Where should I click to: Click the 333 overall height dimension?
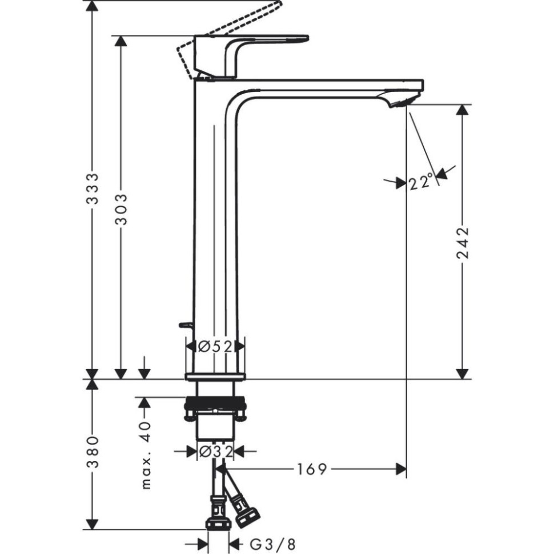[92, 188]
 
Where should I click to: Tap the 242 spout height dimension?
[463, 243]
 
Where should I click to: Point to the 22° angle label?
[421, 183]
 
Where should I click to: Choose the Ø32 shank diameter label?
[215, 452]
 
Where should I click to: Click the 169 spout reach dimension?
[312, 469]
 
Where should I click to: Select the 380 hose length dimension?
[92, 452]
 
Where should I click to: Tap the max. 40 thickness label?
[145, 455]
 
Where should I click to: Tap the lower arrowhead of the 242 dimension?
[463, 373]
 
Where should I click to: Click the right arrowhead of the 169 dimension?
[402, 469]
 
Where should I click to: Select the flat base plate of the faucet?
[215, 376]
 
